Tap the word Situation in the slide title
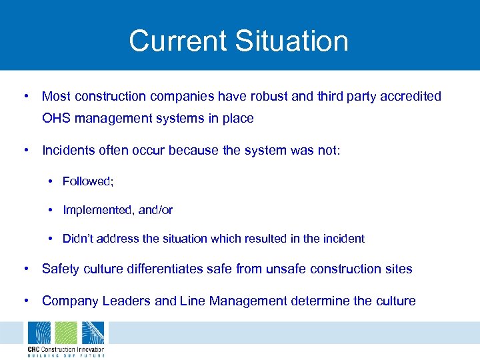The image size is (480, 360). point(291,41)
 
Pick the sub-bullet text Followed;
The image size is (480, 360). point(88,181)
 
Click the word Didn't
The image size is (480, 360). point(78,239)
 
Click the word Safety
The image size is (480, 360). point(61,269)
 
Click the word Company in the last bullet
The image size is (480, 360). point(70,301)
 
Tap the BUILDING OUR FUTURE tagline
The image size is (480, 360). point(66,355)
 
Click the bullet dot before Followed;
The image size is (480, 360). point(51,181)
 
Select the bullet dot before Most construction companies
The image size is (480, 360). point(25,97)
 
